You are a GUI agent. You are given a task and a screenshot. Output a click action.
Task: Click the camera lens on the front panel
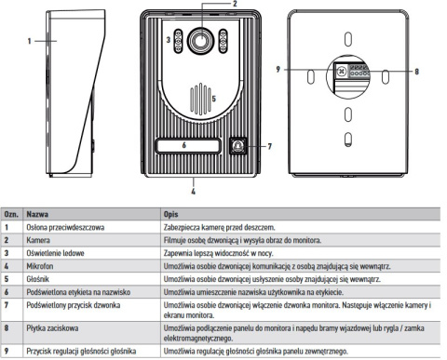[197, 41]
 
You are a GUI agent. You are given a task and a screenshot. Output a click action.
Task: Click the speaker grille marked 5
[196, 97]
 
